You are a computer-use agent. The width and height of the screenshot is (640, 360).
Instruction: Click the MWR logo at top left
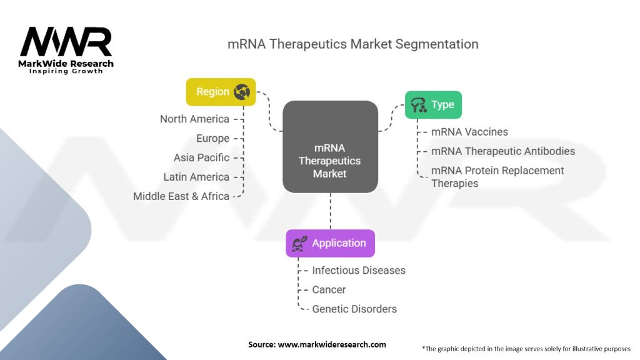(66, 42)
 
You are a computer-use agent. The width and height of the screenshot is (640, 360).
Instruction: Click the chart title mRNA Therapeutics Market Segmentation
(352, 44)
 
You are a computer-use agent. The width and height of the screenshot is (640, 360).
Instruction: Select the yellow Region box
(221, 92)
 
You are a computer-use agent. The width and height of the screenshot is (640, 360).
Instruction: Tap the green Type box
(433, 104)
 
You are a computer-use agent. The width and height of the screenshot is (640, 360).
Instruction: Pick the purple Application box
(330, 243)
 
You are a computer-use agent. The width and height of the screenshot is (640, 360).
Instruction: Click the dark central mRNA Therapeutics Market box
(330, 146)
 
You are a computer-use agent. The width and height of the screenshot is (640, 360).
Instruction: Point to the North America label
(194, 119)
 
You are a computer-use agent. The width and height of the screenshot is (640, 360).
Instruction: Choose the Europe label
(212, 138)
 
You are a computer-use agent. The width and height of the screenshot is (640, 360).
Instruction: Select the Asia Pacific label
(201, 157)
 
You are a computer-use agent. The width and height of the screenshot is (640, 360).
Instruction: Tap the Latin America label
(196, 177)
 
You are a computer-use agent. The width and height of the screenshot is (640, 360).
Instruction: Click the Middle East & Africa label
(181, 196)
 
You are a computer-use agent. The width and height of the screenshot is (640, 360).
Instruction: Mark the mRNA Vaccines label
(469, 132)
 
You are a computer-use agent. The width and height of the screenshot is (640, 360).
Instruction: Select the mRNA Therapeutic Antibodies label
(503, 151)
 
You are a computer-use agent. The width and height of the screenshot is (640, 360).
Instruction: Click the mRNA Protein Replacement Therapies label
(497, 177)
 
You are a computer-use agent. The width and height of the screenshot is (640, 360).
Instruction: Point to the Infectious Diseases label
(359, 271)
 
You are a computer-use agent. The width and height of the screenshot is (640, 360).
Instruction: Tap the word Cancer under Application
(329, 290)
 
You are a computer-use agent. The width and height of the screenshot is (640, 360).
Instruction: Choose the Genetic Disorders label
(354, 309)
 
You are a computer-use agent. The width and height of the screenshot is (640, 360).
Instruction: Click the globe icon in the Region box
(241, 92)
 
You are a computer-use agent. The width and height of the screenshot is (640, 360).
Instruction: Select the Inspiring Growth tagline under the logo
(66, 71)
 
